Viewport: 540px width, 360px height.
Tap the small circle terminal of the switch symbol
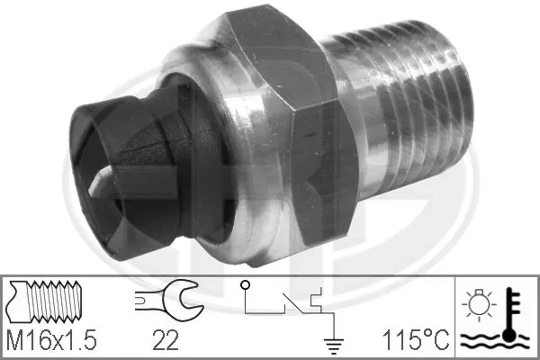[245, 287]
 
